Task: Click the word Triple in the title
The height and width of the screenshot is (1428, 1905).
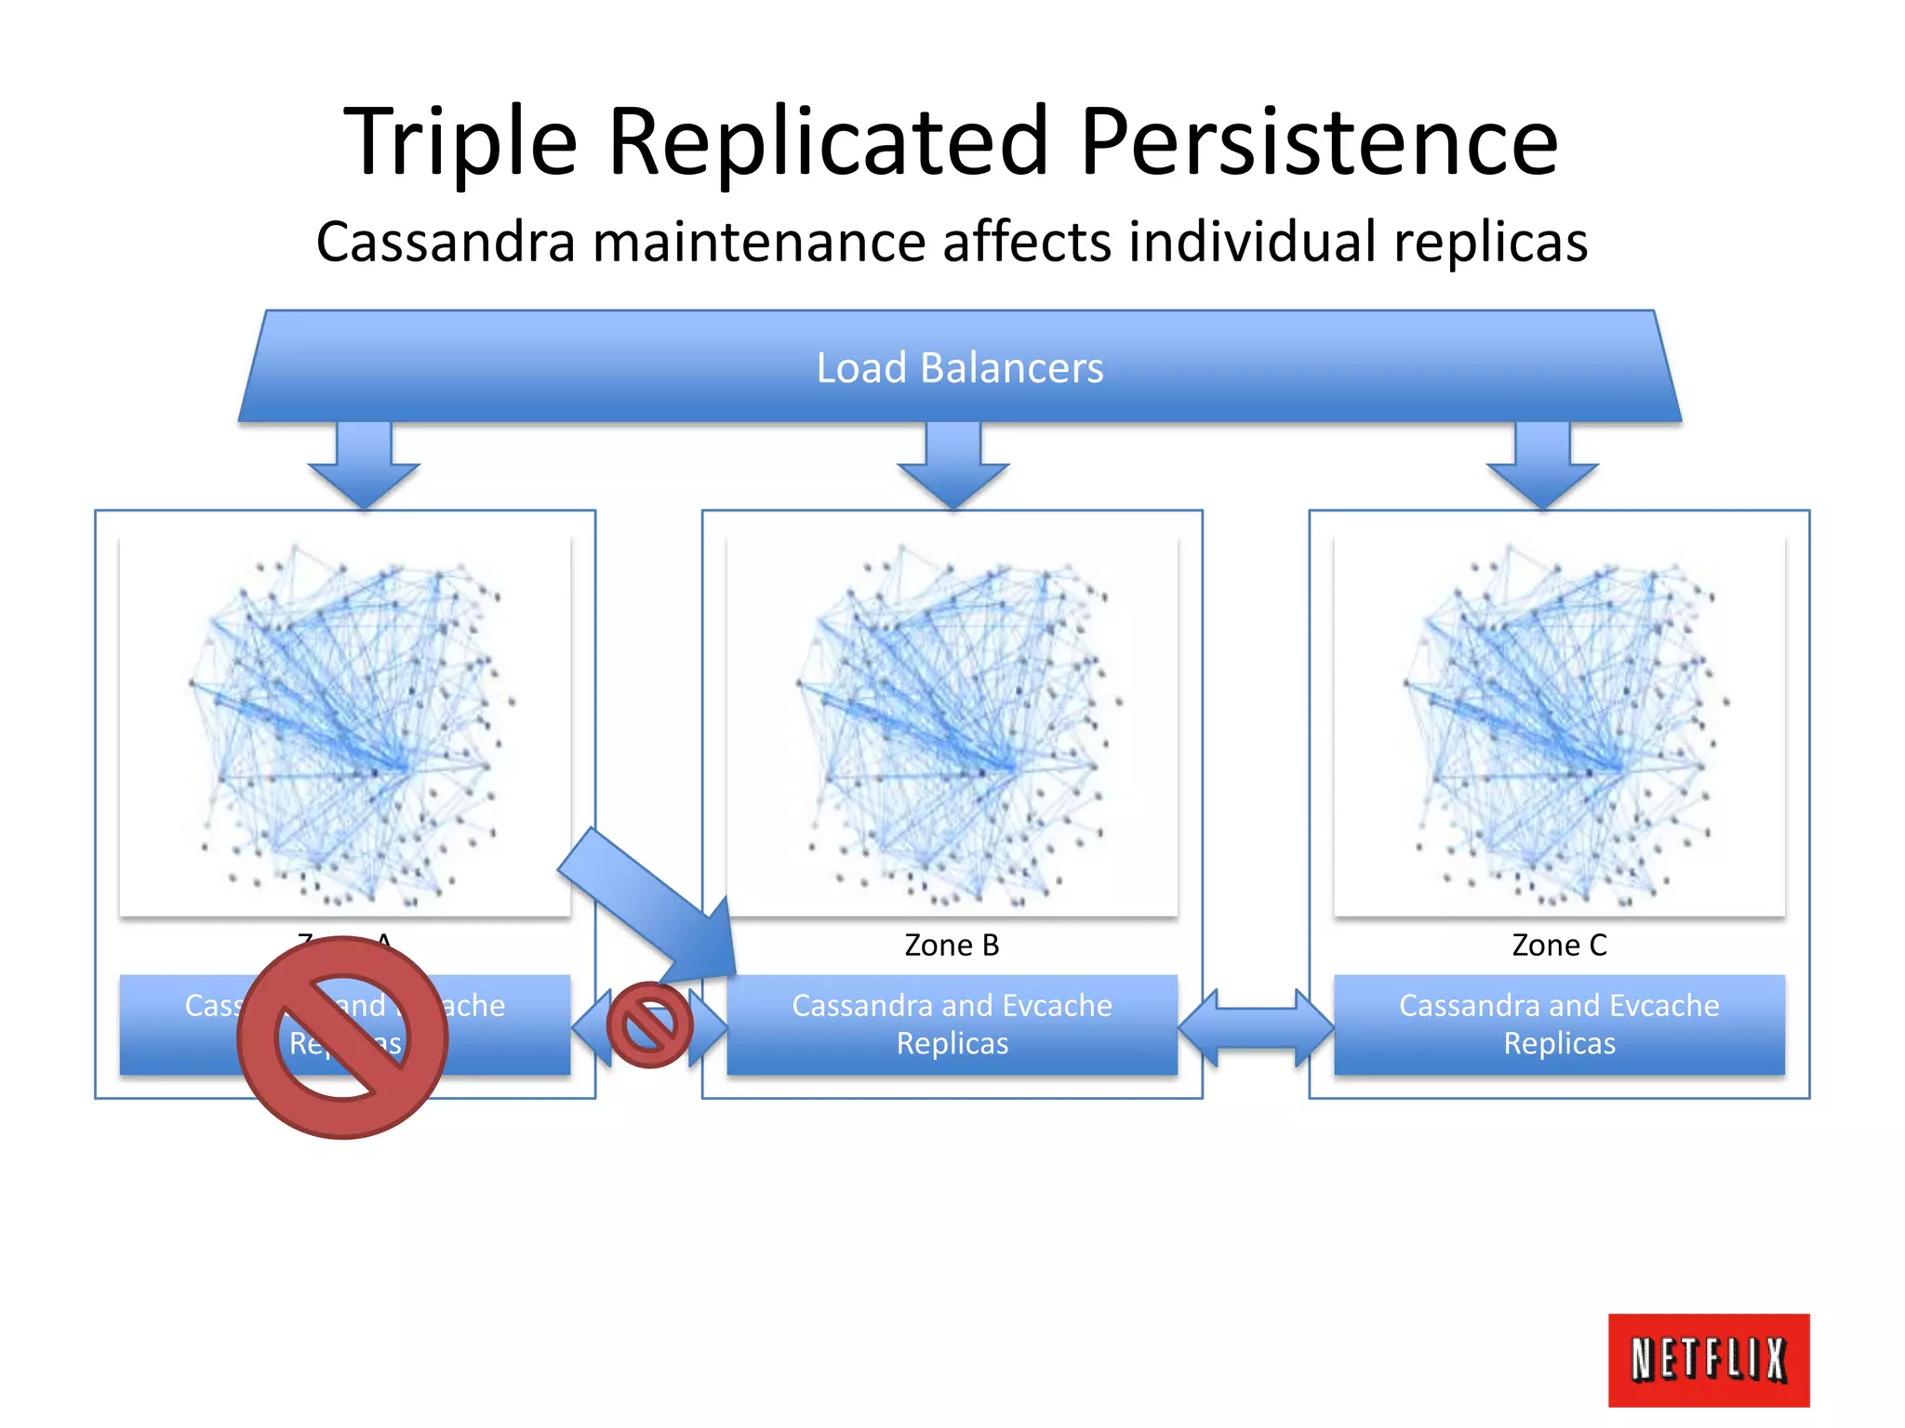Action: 460,141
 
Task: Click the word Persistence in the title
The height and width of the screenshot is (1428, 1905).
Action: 1318,141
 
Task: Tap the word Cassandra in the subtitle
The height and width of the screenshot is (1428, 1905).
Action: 446,242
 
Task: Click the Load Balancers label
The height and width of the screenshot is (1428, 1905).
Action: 959,367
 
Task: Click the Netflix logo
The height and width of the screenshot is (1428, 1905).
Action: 1708,1359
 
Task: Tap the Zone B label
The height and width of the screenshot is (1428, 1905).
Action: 952,945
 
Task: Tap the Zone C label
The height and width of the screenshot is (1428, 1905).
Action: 1559,945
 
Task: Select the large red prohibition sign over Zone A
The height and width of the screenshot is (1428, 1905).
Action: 342,1037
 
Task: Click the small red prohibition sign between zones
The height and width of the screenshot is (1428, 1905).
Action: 649,1025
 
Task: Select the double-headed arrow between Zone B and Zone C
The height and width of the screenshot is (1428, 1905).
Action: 1256,1026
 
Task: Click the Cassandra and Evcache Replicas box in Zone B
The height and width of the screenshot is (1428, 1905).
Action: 952,1024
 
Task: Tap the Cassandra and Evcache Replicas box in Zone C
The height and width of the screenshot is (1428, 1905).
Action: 1559,1024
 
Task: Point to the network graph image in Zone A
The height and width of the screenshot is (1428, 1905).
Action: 345,725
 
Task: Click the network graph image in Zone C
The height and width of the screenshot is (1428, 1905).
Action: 1559,725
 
